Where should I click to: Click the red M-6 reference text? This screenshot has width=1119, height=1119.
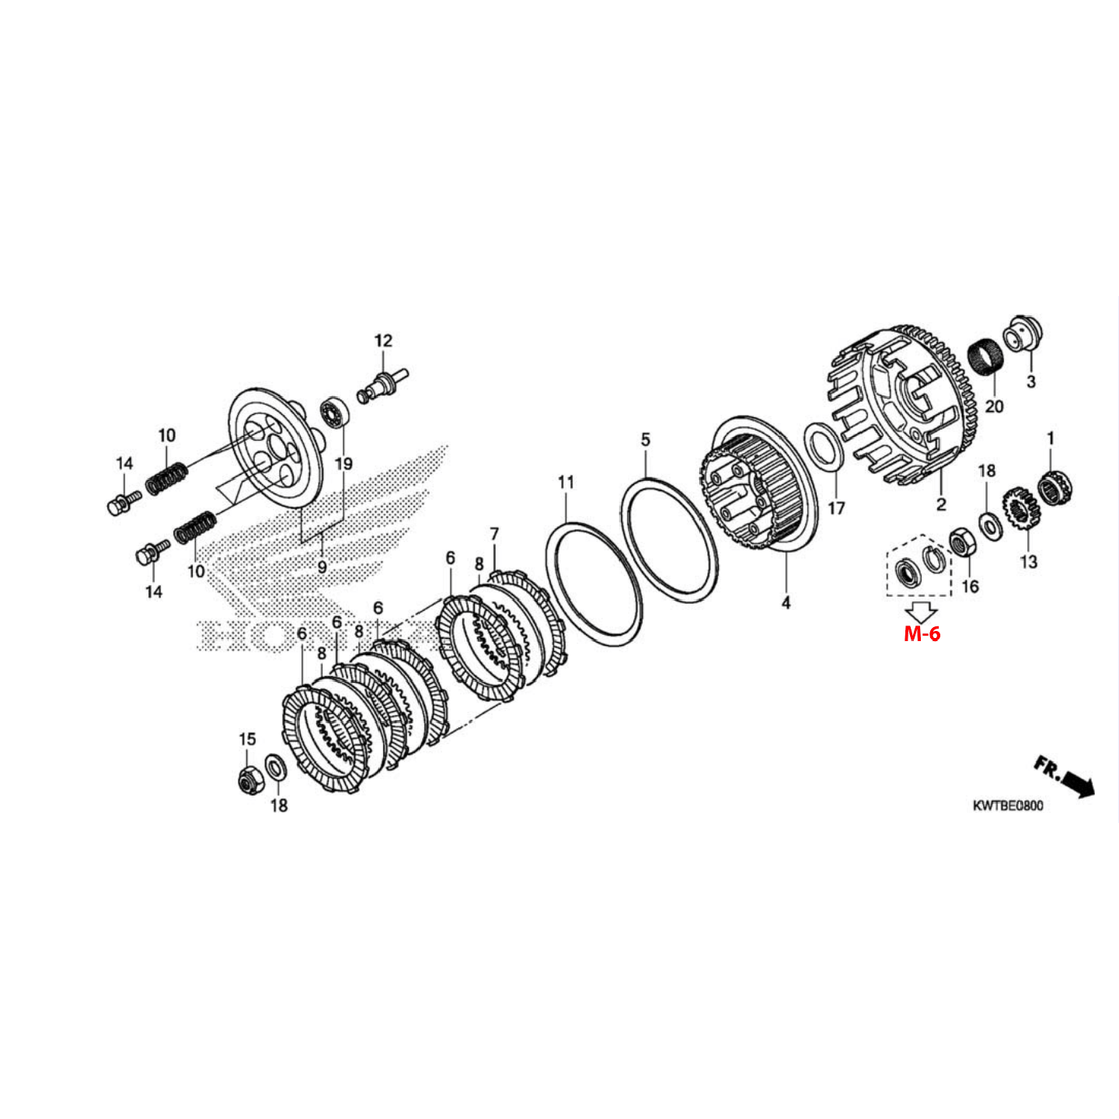922,634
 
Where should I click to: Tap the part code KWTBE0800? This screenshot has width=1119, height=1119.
1008,806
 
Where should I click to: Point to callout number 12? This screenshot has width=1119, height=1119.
383,340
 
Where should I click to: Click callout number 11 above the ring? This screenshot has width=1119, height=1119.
566,483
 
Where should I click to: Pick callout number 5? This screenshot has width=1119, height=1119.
645,440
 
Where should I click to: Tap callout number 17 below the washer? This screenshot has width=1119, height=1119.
836,508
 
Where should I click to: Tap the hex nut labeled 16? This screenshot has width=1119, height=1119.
963,542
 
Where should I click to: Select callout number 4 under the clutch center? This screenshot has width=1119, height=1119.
786,602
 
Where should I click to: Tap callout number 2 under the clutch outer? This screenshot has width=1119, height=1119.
941,504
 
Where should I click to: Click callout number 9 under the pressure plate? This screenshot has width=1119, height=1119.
322,567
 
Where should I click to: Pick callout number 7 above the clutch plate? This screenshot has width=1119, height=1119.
494,534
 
